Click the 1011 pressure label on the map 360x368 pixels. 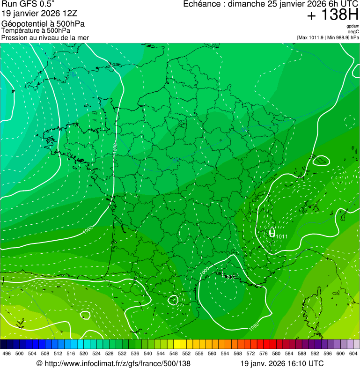(282, 236)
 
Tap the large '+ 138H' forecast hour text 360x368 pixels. (332, 15)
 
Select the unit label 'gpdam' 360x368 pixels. (353, 26)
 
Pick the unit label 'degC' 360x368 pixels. (353, 31)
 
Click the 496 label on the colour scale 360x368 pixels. (7, 353)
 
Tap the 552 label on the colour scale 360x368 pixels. (186, 353)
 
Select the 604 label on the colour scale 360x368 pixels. (353, 353)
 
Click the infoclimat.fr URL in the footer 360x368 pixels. (117, 363)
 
